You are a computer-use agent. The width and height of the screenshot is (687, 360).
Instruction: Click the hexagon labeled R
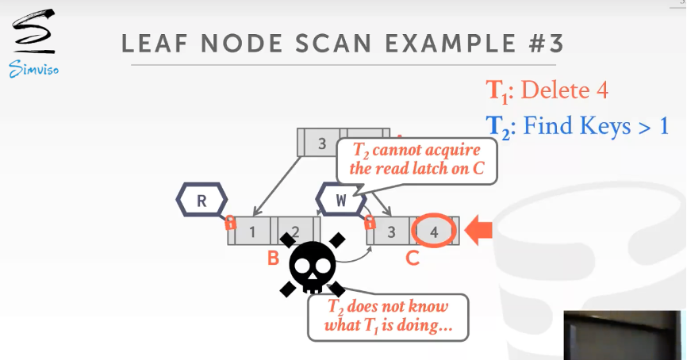pos(201,200)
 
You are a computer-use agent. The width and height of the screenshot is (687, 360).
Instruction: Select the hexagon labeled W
pos(341,200)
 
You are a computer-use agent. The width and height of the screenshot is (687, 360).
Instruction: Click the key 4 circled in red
pos(433,231)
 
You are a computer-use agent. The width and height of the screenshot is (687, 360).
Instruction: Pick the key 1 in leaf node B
pos(253,232)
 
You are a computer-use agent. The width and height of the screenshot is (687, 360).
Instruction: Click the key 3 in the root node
pos(321,144)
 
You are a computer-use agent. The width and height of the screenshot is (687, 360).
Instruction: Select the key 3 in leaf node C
pos(391,232)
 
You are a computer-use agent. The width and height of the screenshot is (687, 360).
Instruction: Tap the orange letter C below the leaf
pos(413,257)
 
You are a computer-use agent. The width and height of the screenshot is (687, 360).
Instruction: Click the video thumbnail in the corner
pos(622,335)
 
